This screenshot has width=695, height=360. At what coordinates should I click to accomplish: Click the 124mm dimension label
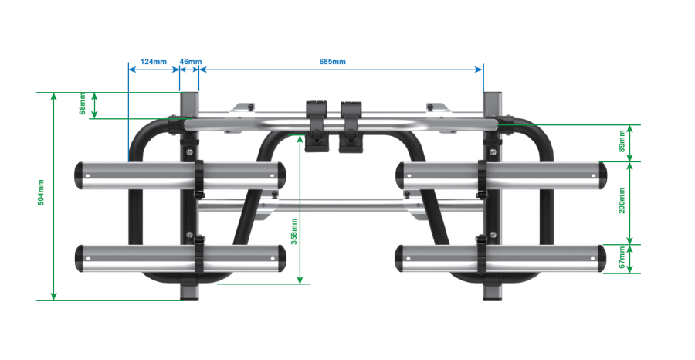pyautogui.click(x=154, y=61)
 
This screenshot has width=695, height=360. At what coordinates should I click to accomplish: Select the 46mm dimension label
pyautogui.click(x=190, y=61)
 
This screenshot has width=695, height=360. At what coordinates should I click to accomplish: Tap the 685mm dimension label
pyautogui.click(x=333, y=61)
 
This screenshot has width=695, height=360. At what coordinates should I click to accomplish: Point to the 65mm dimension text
pyautogui.click(x=83, y=106)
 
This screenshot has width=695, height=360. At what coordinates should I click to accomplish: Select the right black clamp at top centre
pyautogui.click(x=351, y=123)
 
